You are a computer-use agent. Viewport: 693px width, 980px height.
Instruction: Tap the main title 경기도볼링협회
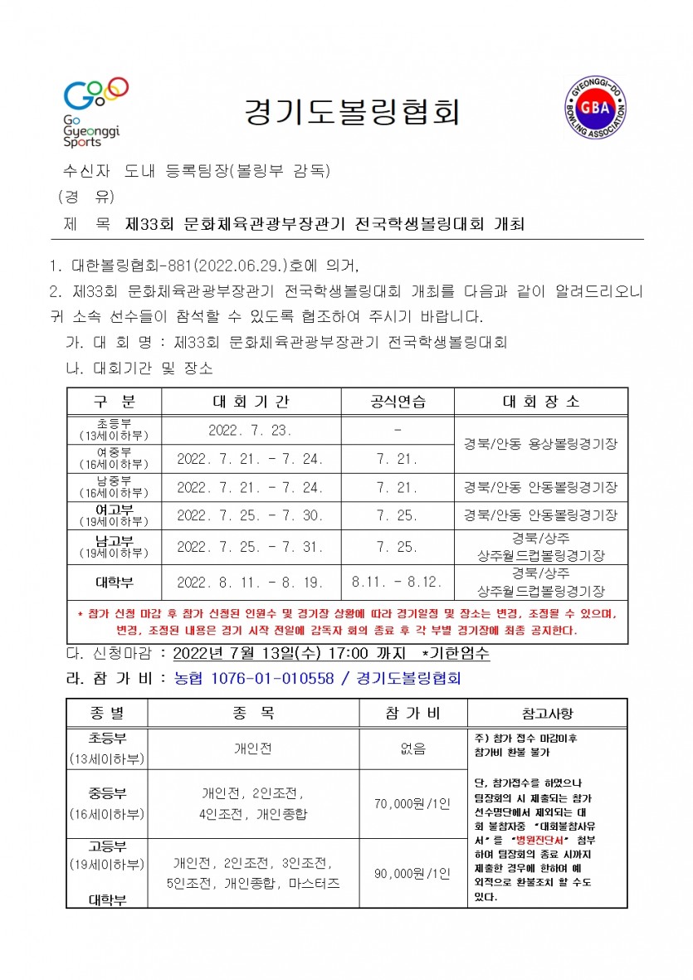point(352,111)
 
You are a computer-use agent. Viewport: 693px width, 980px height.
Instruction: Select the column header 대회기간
point(251,402)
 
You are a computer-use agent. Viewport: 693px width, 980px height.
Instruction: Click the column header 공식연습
point(398,402)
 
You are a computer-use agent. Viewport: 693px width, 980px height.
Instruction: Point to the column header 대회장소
point(540,402)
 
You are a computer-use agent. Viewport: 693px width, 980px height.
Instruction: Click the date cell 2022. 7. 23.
point(251,430)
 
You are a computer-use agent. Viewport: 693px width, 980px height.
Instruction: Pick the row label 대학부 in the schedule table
point(114,582)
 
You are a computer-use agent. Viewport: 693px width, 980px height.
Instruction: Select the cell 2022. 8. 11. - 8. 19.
point(251,582)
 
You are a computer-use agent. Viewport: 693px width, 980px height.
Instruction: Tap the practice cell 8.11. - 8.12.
point(398,582)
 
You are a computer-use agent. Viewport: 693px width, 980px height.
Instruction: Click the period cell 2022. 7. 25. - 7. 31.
point(251,548)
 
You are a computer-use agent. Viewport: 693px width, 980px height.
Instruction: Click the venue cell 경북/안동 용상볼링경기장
point(540,444)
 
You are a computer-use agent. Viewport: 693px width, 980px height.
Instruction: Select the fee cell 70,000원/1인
point(412,803)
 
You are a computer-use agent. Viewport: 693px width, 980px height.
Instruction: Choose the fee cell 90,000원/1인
point(412,873)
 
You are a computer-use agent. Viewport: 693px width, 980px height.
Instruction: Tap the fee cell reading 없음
point(412,748)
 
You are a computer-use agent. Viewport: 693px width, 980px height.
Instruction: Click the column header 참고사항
point(547,714)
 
